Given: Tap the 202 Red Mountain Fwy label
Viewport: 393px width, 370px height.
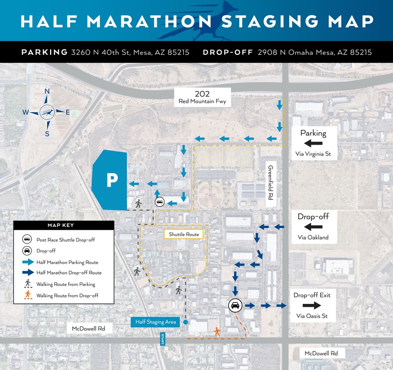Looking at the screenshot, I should (x=205, y=98).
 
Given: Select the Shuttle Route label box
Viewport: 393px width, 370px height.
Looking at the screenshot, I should (x=184, y=234).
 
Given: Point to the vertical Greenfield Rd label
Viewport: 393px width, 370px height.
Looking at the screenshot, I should (x=270, y=181).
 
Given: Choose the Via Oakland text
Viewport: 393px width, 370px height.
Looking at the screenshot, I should (x=313, y=238).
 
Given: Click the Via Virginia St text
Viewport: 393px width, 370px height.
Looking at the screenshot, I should (x=313, y=154).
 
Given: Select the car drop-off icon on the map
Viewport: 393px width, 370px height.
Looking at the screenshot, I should (x=235, y=305).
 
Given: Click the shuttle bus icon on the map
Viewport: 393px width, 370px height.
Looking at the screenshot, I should (x=160, y=201).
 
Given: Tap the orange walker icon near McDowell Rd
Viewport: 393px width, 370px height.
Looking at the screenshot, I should (x=217, y=332).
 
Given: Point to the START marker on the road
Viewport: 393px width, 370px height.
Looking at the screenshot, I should (x=163, y=339).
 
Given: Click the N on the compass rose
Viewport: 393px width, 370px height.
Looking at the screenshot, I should (x=47, y=91).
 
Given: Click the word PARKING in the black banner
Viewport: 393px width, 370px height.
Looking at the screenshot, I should (x=44, y=52).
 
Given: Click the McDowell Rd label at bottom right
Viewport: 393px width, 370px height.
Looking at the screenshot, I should (x=322, y=353).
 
